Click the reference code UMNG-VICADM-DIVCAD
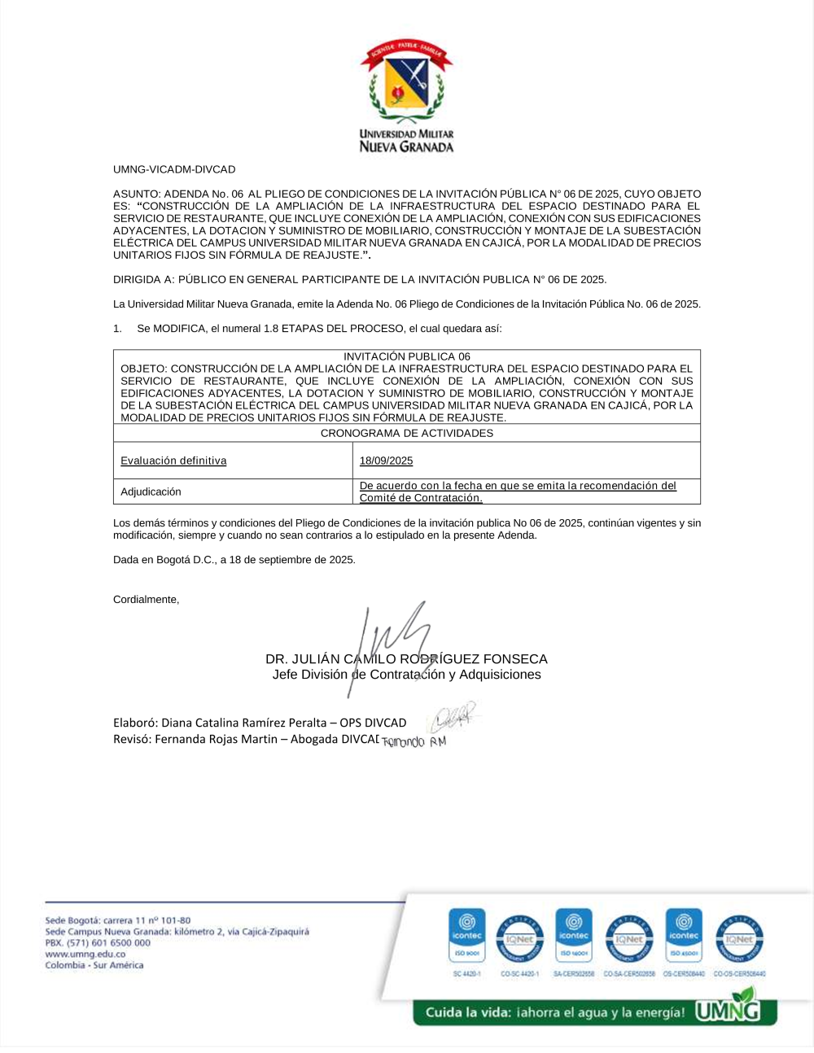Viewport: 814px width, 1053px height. (174, 169)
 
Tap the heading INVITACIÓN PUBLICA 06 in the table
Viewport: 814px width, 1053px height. (406, 356)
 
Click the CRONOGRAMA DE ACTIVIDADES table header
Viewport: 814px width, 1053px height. (406, 433)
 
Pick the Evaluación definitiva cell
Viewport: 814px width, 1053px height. (173, 461)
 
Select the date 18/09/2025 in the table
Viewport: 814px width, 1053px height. (386, 461)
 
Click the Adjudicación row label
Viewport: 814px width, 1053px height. (151, 492)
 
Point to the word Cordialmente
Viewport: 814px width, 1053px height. (146, 599)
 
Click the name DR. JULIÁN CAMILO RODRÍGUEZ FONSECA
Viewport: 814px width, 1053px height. (406, 659)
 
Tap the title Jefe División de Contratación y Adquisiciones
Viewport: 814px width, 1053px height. (406, 675)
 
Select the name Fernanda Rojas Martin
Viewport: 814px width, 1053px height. (216, 739)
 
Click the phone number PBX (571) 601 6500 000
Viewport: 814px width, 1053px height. (98, 942)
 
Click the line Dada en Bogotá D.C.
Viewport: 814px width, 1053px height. (234, 560)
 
